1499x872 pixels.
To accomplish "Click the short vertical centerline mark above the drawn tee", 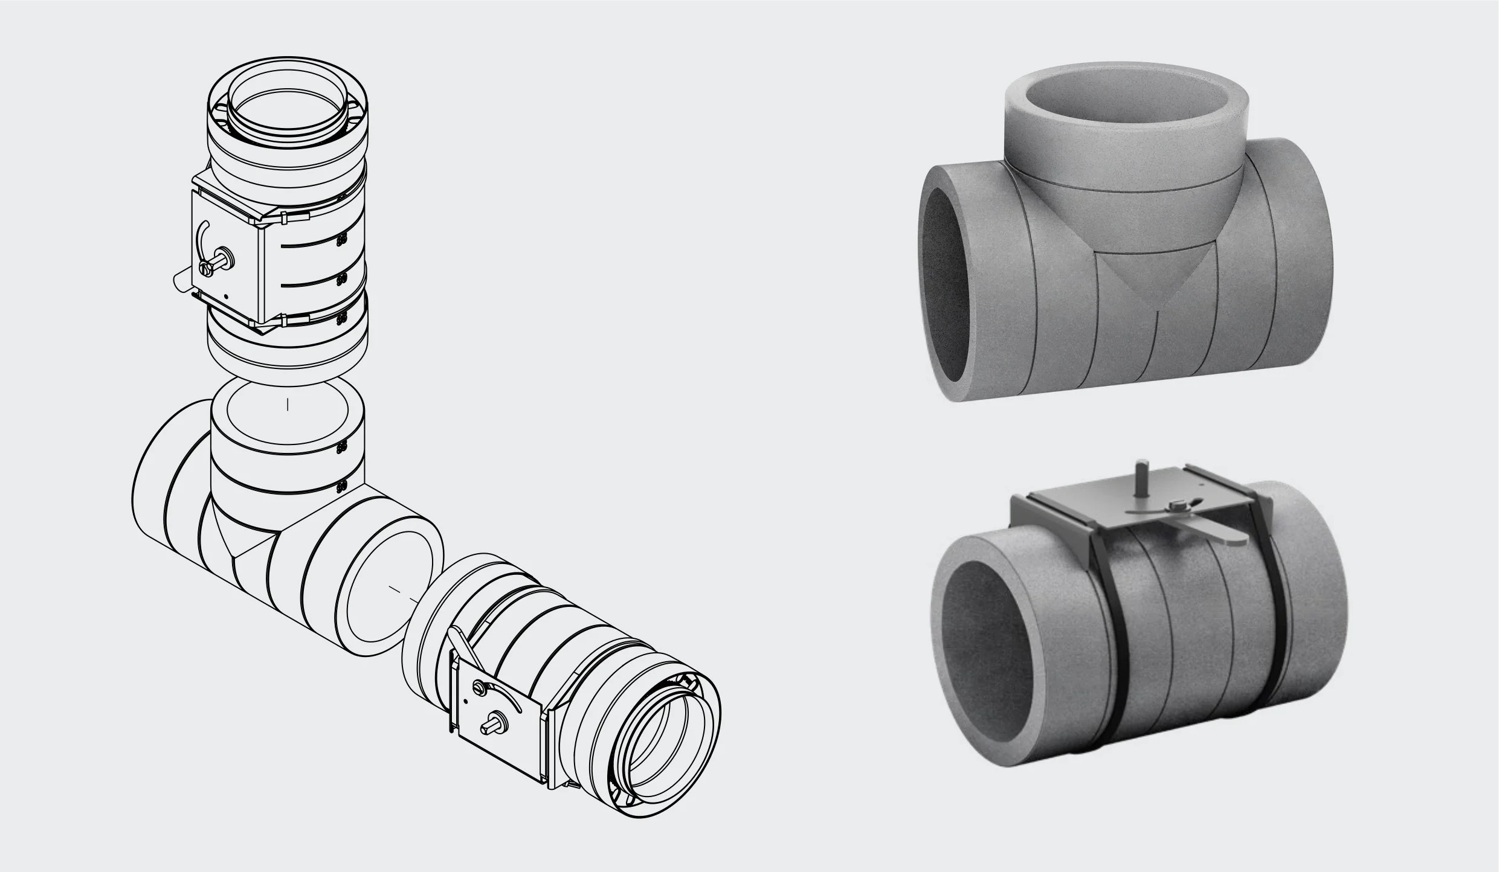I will tap(288, 404).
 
